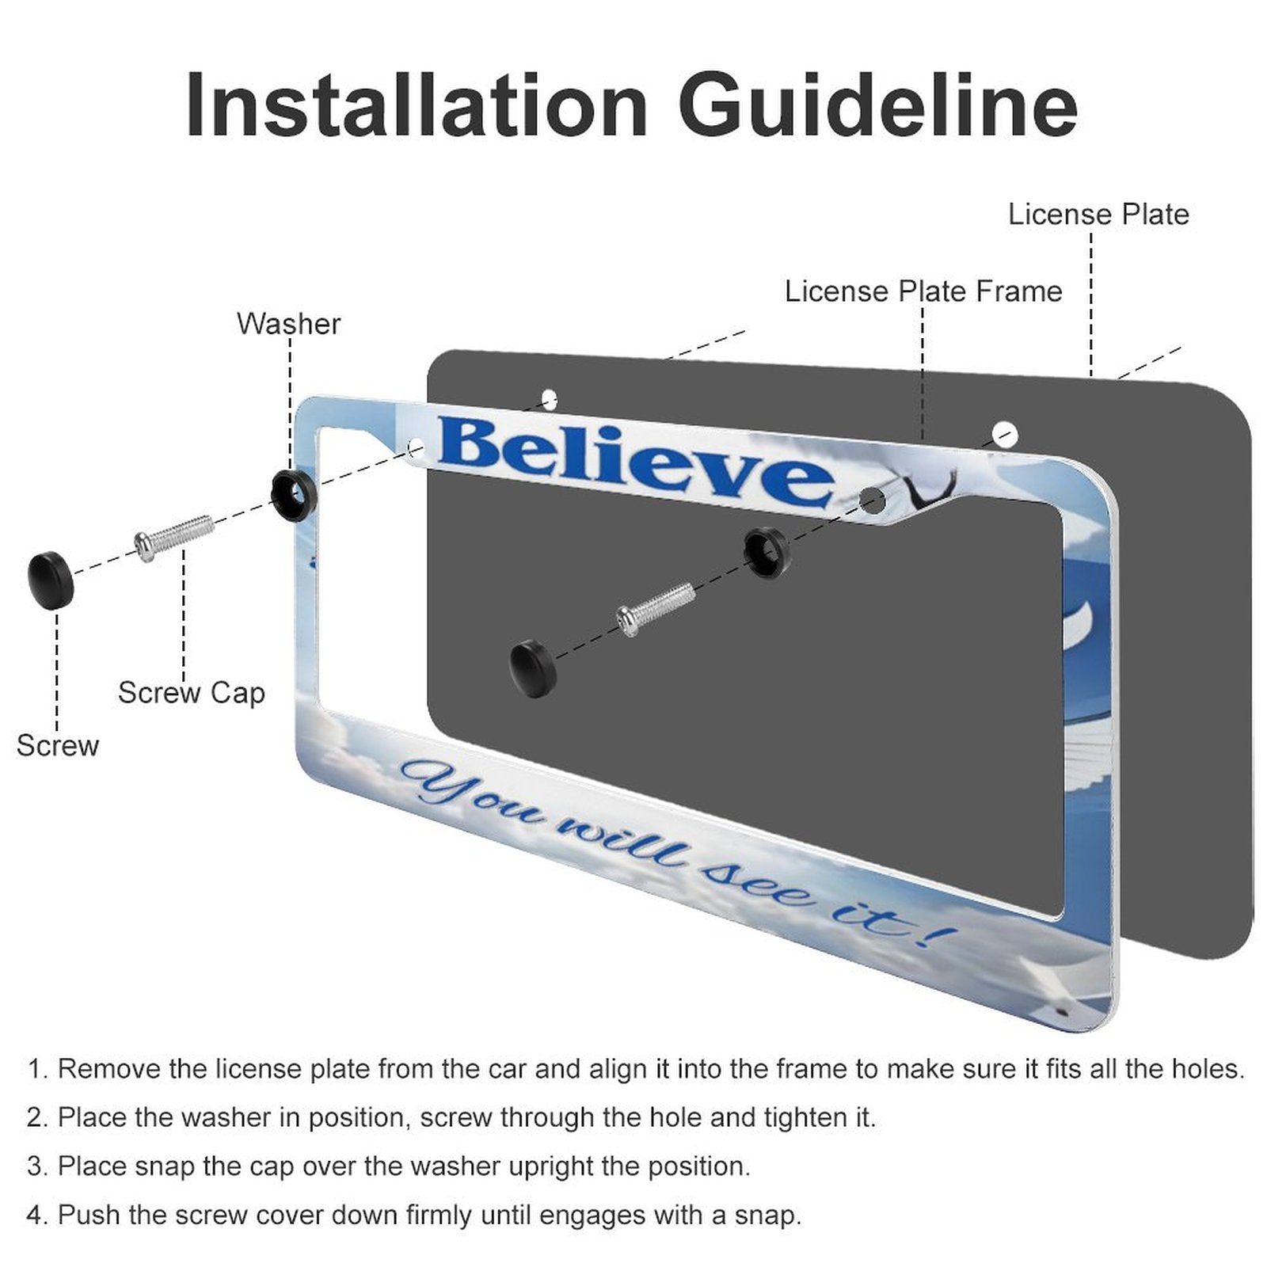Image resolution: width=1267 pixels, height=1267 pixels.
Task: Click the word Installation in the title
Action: point(417,106)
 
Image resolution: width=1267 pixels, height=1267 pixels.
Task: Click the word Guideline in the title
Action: point(877,106)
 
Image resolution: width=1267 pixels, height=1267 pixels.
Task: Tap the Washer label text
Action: point(288,324)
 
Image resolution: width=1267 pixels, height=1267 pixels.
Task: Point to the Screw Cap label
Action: point(192,693)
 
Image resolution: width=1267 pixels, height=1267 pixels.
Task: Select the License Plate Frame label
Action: point(923,291)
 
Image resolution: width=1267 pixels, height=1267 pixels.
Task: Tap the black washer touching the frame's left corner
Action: point(294,495)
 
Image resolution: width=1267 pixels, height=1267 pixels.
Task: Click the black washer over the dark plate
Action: point(767,551)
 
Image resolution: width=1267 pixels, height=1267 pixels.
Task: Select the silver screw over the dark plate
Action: point(656,608)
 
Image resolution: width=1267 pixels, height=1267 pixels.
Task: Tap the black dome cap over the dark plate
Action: point(534,669)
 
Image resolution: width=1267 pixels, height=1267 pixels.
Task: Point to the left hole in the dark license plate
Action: point(549,398)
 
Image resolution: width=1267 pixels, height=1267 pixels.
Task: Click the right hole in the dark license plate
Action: point(1005,434)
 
